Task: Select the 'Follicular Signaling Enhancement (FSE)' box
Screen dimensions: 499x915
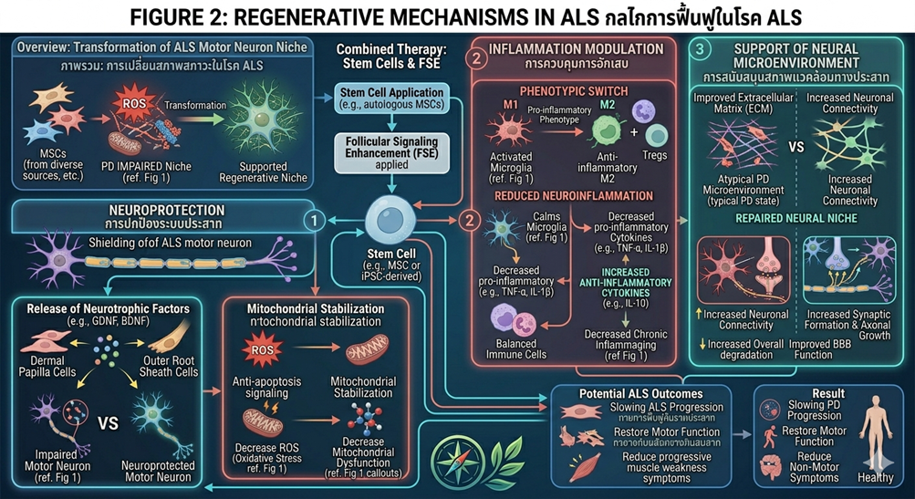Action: (x=390, y=150)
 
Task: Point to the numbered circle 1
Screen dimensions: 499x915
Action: (x=313, y=220)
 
